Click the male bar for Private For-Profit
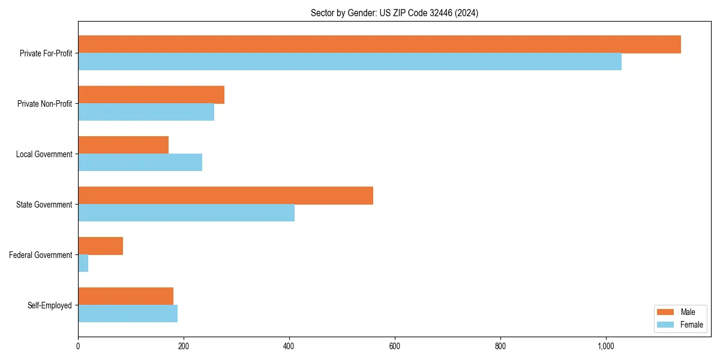(x=379, y=44)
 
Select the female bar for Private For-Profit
(x=350, y=62)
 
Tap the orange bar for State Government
(x=226, y=196)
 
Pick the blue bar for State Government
(x=186, y=213)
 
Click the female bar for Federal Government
(x=83, y=263)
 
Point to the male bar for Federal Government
(x=100, y=246)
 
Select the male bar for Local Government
(x=123, y=145)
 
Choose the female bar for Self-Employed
(x=128, y=314)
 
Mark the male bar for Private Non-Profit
(x=151, y=95)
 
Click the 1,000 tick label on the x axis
(x=605, y=346)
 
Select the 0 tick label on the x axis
(x=78, y=346)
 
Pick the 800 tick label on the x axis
(x=500, y=346)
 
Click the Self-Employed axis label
(x=50, y=305)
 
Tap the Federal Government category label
(x=41, y=255)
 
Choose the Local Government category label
(x=44, y=154)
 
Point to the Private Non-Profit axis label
(x=45, y=104)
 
